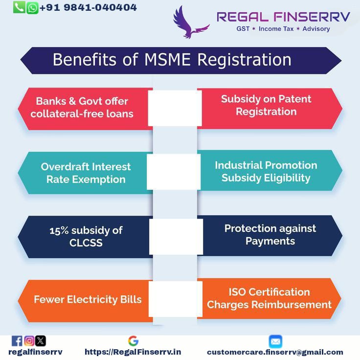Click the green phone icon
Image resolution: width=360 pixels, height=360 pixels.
[19, 7]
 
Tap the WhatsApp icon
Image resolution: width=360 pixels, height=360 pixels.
[32, 8]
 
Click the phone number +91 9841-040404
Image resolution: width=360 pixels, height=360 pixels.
[88, 7]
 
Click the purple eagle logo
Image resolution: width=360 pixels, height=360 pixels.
[191, 22]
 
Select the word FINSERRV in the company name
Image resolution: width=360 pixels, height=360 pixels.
[312, 17]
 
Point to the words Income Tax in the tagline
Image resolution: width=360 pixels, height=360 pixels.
[276, 29]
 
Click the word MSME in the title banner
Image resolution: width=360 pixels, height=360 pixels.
[167, 60]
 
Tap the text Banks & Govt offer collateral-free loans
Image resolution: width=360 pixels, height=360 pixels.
[82, 108]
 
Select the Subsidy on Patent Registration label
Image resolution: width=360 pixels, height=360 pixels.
[266, 105]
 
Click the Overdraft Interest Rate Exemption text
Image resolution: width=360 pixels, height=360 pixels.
[86, 173]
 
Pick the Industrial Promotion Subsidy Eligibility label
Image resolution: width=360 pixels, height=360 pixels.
[266, 172]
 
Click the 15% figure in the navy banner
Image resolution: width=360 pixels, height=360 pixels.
[59, 231]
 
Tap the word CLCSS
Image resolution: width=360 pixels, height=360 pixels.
[86, 243]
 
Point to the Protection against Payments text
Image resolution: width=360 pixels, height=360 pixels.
[270, 235]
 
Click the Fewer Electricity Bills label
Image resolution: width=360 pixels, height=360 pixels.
[88, 299]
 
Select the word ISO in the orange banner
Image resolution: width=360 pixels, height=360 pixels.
[237, 292]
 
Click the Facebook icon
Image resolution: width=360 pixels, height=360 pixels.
[17, 341]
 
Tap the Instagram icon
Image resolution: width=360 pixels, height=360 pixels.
[29, 341]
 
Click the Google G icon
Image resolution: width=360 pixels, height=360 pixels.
[133, 341]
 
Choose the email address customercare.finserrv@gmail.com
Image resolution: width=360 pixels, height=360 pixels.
[275, 352]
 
